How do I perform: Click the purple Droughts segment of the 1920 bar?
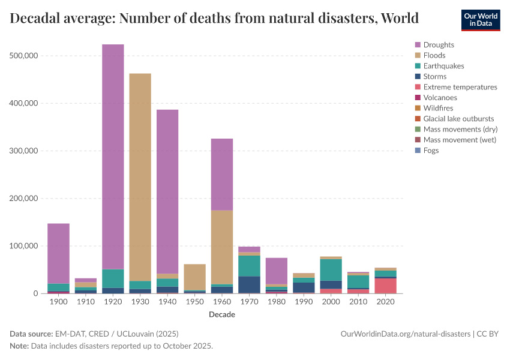click(113, 156)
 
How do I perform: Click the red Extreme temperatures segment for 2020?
click(385, 286)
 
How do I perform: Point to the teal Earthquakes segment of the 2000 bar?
click(331, 270)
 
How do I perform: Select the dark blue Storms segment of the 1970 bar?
click(249, 284)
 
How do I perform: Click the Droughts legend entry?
click(439, 45)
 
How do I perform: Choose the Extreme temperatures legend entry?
click(460, 87)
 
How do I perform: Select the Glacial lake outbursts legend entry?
click(460, 119)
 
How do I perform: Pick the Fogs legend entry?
click(431, 151)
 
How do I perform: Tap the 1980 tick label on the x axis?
click(277, 302)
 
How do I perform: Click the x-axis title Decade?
click(221, 314)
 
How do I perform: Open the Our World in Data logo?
click(480, 20)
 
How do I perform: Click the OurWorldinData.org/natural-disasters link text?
click(406, 334)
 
